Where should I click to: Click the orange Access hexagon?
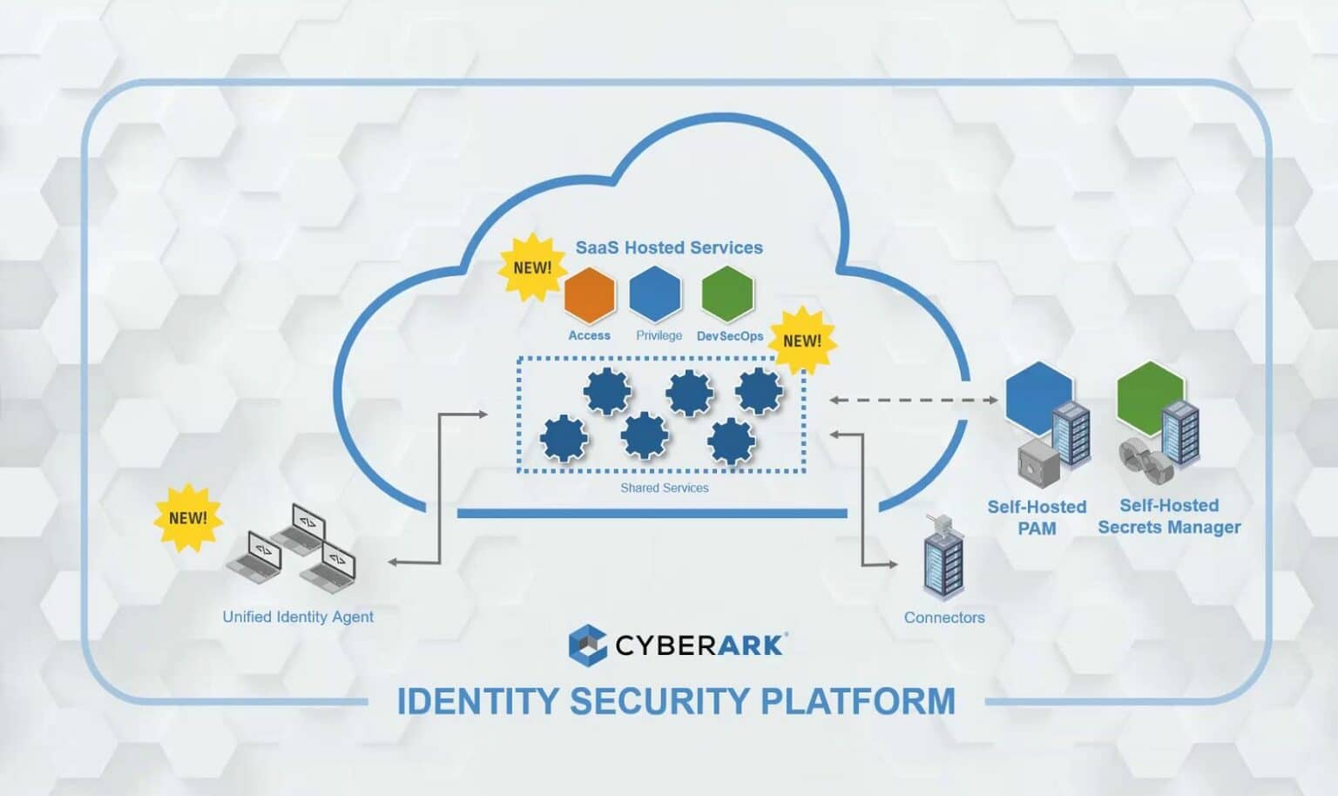pos(590,294)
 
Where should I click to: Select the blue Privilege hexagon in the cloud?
pos(655,294)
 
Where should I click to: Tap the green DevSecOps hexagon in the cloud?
pos(726,294)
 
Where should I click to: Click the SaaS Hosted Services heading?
pos(669,247)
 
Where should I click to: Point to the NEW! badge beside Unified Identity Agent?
pos(188,518)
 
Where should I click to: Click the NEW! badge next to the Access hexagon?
pos(531,267)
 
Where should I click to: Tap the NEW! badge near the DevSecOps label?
pos(801,341)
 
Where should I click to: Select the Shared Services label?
pos(664,488)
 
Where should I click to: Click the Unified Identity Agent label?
pos(298,617)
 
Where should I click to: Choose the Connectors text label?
pos(944,617)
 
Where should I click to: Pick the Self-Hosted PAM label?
pos(1037,517)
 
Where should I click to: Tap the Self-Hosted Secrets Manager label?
pos(1169,516)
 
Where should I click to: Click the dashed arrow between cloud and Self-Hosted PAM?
pos(914,401)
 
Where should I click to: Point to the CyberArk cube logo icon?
pos(587,645)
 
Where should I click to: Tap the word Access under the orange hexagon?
pos(589,335)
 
